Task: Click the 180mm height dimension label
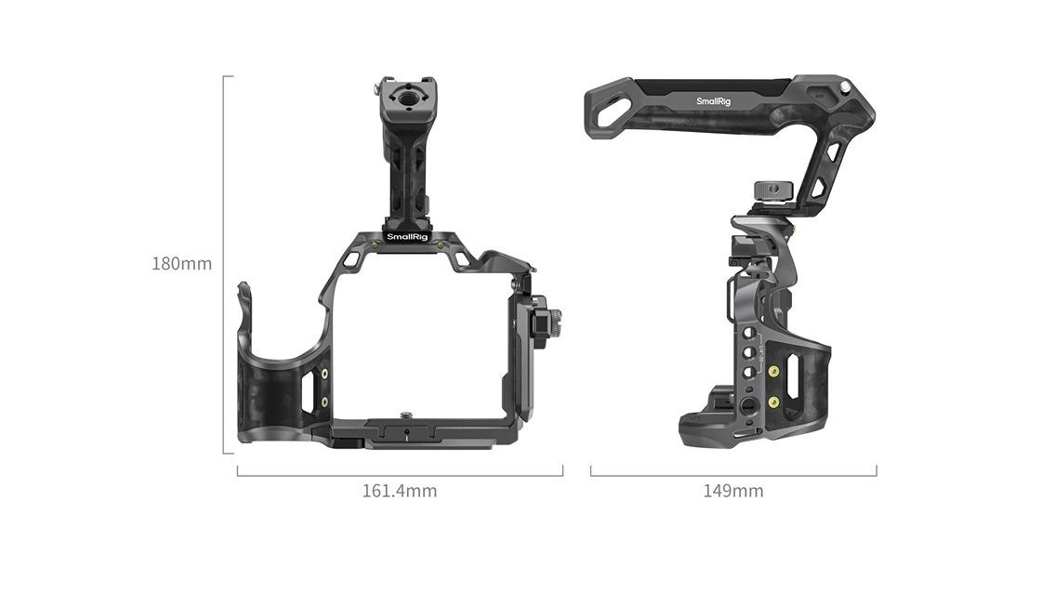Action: tap(181, 263)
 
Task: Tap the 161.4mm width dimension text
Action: tap(399, 491)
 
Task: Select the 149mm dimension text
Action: tap(732, 491)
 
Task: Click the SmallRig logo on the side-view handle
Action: tap(713, 100)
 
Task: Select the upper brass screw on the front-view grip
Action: tap(324, 374)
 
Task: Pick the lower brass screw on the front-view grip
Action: tap(324, 402)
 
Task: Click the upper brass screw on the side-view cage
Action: tap(773, 371)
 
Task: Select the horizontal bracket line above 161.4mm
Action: tap(399, 475)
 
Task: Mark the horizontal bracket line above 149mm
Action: tap(732, 475)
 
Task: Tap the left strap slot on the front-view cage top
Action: tap(350, 261)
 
